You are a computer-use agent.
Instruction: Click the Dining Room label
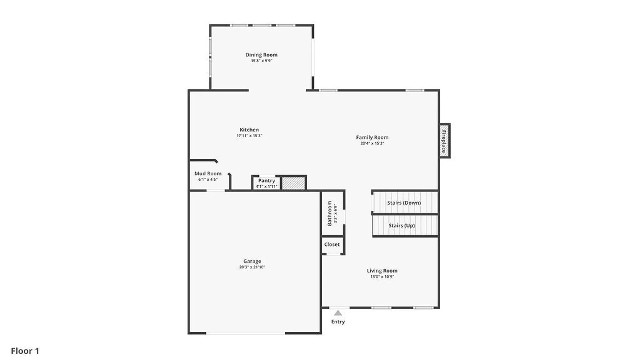point(261,55)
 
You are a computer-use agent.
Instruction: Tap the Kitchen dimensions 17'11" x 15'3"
point(249,136)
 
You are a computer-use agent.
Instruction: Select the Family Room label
point(372,137)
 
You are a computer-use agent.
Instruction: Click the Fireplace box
point(444,141)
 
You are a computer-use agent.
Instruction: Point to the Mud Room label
point(208,173)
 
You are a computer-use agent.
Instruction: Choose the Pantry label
point(267,180)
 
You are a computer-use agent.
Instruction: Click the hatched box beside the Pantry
point(293,183)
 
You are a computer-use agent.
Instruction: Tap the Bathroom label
point(329,213)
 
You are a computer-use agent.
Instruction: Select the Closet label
point(332,244)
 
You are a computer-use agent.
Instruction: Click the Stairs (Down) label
point(404,203)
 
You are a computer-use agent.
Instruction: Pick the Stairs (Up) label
point(402,225)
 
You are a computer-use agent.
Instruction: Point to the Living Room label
point(382,271)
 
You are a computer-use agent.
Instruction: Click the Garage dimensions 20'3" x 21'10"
point(252,267)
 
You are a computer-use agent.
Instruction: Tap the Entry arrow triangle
point(338,313)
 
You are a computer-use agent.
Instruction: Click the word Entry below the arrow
point(338,322)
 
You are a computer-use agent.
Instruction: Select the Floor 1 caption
point(25,351)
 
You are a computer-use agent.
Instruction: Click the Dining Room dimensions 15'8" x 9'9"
point(262,61)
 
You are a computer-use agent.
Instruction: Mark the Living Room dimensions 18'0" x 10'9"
point(382,277)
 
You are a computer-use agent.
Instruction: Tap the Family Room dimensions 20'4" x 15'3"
point(372,143)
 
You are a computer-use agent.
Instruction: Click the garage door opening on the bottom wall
point(246,333)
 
